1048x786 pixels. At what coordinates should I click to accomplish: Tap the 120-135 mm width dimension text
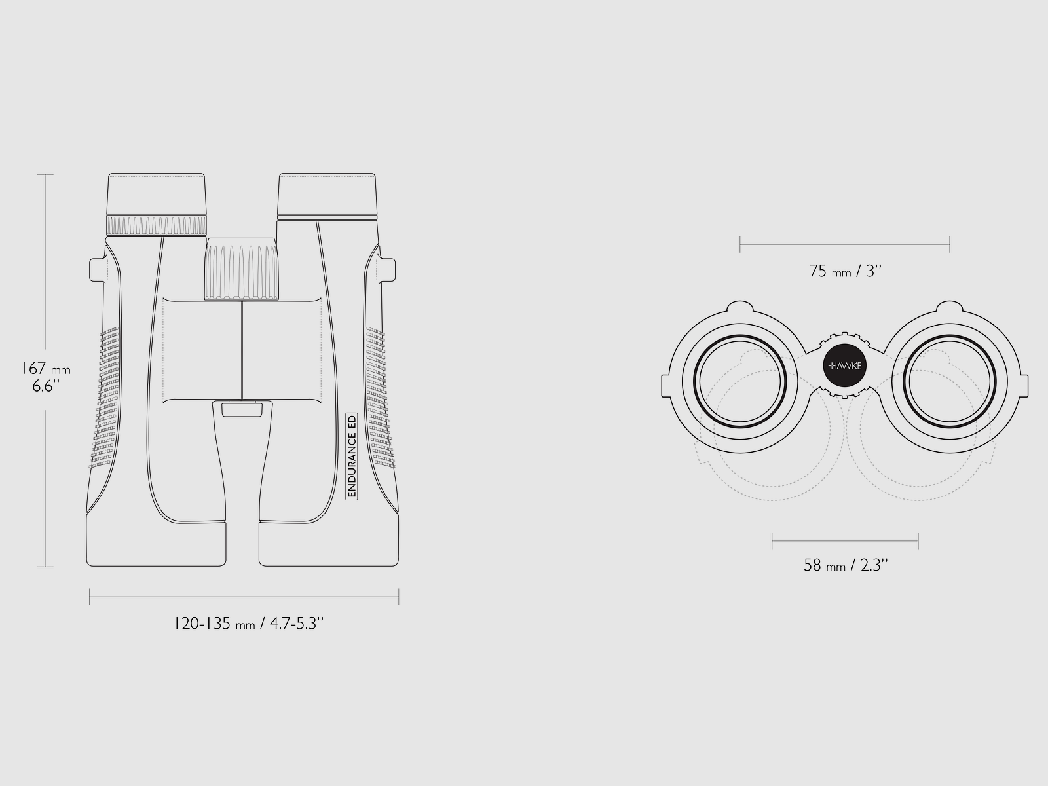pyautogui.click(x=248, y=624)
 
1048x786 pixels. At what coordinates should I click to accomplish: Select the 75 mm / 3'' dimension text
pyautogui.click(x=845, y=271)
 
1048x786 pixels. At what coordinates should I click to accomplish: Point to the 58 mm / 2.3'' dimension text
pyautogui.click(x=846, y=565)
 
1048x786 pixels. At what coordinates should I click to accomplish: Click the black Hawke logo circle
pyautogui.click(x=844, y=365)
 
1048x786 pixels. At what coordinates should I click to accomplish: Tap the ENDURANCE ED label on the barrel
pyautogui.click(x=352, y=457)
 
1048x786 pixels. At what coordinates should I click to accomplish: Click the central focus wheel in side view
pyautogui.click(x=242, y=269)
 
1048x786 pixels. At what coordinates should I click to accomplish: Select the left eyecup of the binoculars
pyautogui.click(x=157, y=195)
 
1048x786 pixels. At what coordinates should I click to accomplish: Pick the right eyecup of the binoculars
pyautogui.click(x=327, y=195)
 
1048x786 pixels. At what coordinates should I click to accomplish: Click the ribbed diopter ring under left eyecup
pyautogui.click(x=157, y=225)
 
